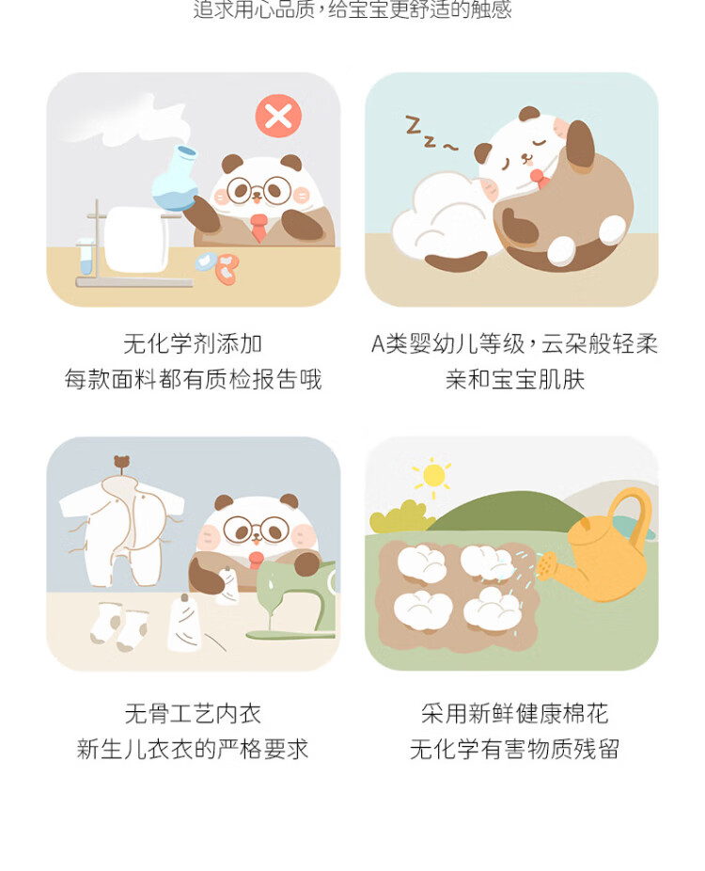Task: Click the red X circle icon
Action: (278, 116)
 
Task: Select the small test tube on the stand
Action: (86, 256)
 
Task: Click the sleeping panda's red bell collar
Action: (538, 178)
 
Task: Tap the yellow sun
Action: (433, 476)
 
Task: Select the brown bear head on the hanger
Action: (121, 462)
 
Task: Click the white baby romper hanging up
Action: (122, 531)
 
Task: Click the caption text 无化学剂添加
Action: (193, 344)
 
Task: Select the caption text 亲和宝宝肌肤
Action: (514, 380)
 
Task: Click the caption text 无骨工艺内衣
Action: (193, 714)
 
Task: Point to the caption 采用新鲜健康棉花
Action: (514, 714)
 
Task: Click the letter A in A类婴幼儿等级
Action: (378, 344)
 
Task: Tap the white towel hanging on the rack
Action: (136, 240)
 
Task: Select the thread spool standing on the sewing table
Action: (183, 624)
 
